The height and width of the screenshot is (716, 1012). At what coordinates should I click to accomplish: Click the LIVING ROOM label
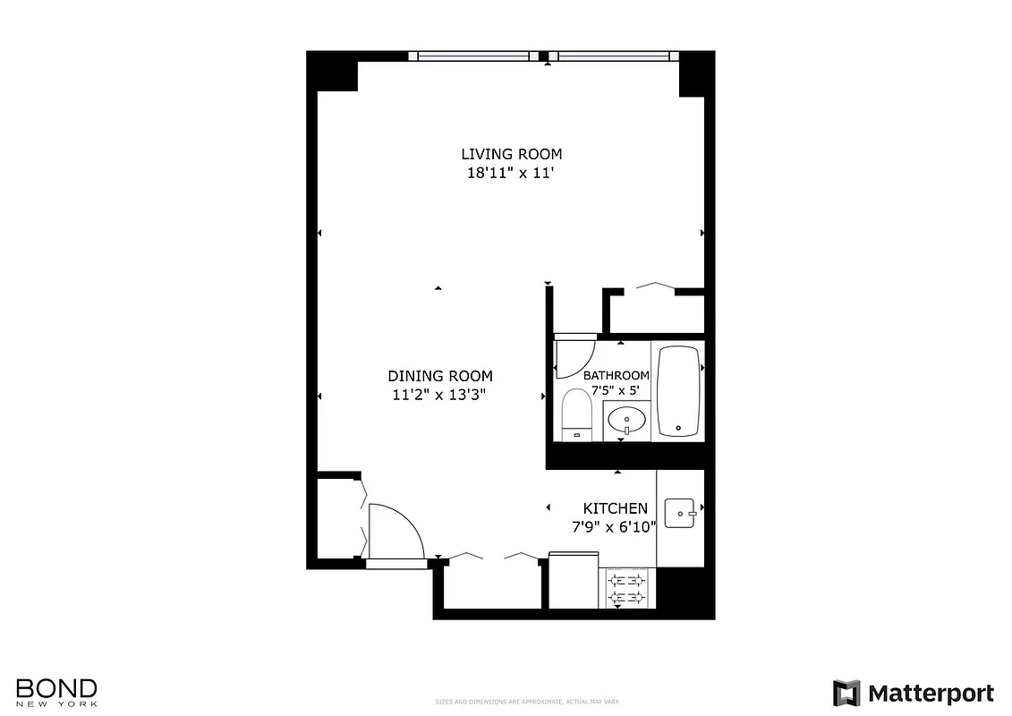tap(511, 154)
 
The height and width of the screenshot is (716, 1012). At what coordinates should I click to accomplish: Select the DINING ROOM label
tap(439, 376)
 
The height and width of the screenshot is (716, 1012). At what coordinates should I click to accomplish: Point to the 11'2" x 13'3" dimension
tap(439, 395)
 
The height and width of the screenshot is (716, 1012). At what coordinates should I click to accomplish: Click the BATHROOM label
tap(617, 375)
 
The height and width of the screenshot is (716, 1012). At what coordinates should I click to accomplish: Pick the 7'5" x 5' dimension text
tap(617, 389)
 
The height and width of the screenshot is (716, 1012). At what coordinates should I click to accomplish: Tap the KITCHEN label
tap(616, 508)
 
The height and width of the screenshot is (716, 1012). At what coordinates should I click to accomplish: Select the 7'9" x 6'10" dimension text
tap(616, 527)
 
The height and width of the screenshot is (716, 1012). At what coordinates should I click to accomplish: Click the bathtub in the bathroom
tap(680, 391)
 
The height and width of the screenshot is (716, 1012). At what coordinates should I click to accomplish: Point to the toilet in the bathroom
tap(577, 415)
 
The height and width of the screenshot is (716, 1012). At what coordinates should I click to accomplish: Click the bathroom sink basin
tap(626, 419)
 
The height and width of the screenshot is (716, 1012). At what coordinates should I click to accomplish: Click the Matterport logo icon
tap(846, 694)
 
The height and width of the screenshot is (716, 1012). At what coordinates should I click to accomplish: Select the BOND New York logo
tap(56, 692)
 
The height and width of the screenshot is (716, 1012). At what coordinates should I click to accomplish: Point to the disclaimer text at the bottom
tap(526, 702)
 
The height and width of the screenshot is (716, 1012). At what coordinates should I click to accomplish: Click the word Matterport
tap(931, 694)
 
